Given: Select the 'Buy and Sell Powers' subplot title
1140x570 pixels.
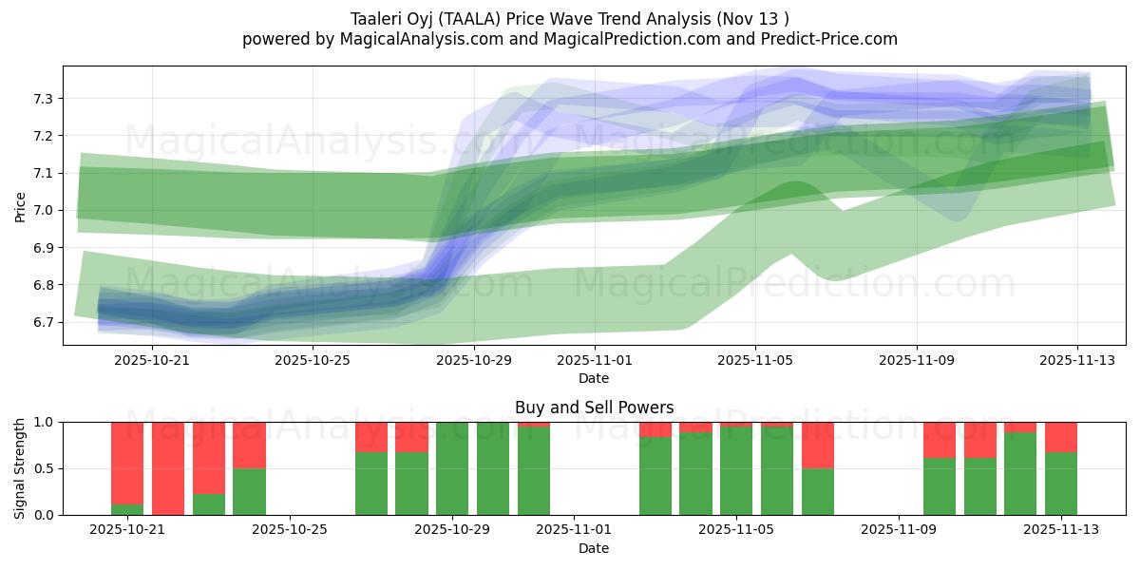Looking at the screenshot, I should point(594,408).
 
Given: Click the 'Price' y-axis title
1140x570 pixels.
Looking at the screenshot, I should point(21,206).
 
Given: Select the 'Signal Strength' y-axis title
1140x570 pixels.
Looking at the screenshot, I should point(21,468).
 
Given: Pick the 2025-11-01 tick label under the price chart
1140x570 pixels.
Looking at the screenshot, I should point(594,360).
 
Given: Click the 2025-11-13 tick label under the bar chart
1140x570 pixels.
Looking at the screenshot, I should point(1061,529).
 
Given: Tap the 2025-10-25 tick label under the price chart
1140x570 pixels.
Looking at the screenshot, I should point(313,360).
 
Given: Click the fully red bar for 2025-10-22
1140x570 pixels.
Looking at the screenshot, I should point(168,468).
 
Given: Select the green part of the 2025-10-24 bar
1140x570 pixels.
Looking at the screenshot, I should point(249,491).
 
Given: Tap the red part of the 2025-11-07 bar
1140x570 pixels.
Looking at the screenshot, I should point(818,445).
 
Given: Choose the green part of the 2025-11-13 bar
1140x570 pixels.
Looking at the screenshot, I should point(1061,484).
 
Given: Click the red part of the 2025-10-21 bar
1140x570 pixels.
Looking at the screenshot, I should point(127,462).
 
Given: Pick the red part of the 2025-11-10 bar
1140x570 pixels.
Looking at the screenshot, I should point(940,440).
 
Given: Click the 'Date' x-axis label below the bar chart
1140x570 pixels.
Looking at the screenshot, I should point(594,548).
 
